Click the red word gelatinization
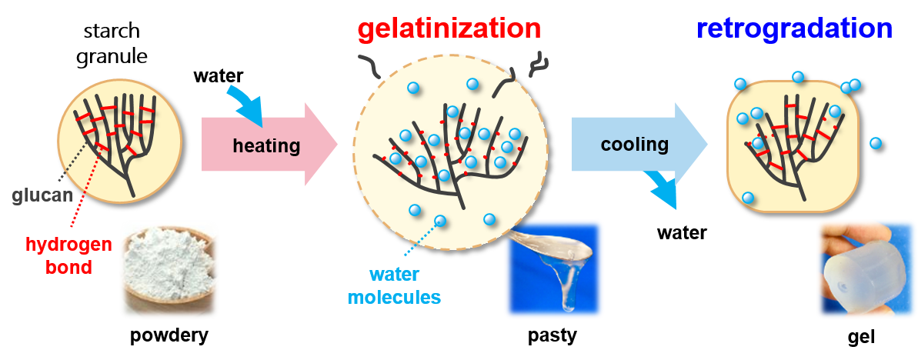[449, 29]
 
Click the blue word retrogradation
[794, 29]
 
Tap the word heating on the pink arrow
[265, 145]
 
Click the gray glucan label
[42, 195]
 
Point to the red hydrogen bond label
[68, 256]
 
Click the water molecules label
[395, 285]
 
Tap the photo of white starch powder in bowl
[169, 268]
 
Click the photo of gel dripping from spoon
[553, 268]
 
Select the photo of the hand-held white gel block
[866, 268]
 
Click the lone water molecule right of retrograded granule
[875, 142]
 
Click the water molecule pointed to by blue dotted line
[440, 221]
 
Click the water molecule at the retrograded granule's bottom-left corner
[748, 198]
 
